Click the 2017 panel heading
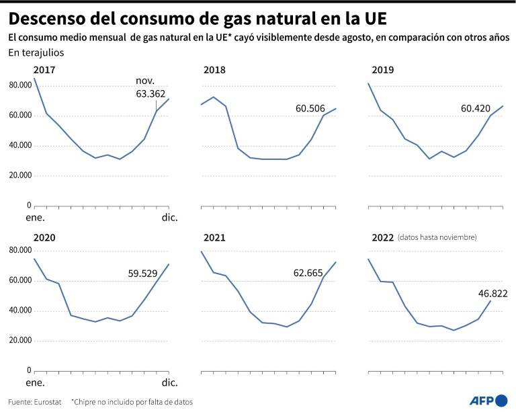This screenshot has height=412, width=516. coord(44,70)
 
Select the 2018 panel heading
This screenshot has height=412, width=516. coord(214,70)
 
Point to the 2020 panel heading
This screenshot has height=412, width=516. coord(44,238)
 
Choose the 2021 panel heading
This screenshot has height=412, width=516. coord(214,238)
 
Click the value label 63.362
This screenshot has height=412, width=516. coord(150,93)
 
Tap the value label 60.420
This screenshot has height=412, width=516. coord(476,108)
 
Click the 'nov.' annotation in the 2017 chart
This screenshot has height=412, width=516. coord(145,81)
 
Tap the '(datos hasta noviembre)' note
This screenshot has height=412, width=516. coord(437,238)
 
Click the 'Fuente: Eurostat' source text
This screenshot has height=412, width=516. coord(34,402)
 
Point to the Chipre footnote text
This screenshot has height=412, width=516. coord(132,402)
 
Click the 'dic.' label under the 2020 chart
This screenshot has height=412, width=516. coord(169,383)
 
